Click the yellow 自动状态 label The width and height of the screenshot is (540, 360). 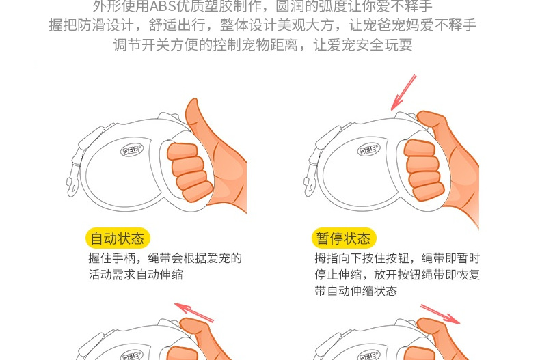pyautogui.click(x=118, y=238)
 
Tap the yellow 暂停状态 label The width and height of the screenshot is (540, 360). pyautogui.click(x=344, y=238)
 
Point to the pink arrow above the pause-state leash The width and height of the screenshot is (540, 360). pyautogui.click(x=403, y=93)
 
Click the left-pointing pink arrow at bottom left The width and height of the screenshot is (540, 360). pyautogui.click(x=194, y=312)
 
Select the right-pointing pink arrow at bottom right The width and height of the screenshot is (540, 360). pyautogui.click(x=440, y=314)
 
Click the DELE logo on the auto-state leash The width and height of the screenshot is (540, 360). pyautogui.click(x=132, y=150)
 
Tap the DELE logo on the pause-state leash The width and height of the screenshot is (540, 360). pyautogui.click(x=369, y=150)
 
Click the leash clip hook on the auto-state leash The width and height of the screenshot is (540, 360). pyautogui.click(x=72, y=188)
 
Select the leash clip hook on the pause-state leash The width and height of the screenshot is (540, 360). pyautogui.click(x=309, y=187)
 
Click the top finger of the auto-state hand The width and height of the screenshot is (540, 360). pyautogui.click(x=183, y=152)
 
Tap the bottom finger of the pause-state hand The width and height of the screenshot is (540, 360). pyautogui.click(x=428, y=192)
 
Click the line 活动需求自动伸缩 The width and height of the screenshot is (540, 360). pyautogui.click(x=136, y=275)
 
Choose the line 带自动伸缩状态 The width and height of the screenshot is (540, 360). pyautogui.click(x=355, y=291)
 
